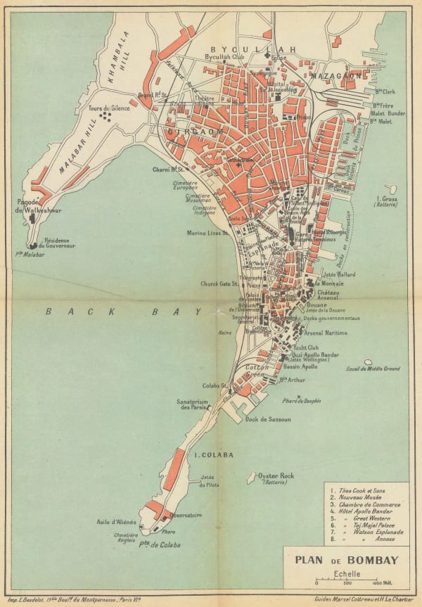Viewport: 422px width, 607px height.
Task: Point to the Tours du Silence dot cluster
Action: (x=106, y=117)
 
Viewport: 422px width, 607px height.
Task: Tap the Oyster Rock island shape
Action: (x=251, y=478)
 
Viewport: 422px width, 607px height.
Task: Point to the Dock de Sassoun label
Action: (x=268, y=420)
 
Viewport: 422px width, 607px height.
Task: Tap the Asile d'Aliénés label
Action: (x=116, y=522)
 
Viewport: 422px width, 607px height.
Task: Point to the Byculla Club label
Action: (x=223, y=57)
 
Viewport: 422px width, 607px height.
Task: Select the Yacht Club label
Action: (x=306, y=347)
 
